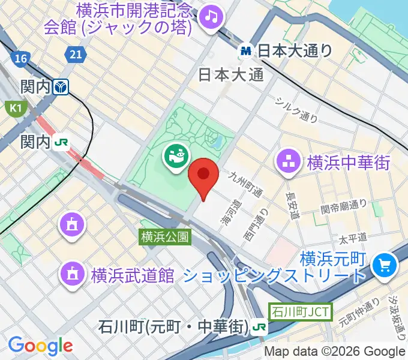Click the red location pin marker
coord(203,175)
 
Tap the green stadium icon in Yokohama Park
coord(175,159)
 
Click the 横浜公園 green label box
coord(165,237)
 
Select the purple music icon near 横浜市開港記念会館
coord(211,16)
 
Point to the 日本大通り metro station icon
coord(246,51)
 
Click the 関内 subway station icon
coord(61,88)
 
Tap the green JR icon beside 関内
coord(61,142)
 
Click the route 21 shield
coord(75,55)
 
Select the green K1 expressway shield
coord(13,108)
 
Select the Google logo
coord(40,345)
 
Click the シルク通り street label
coord(296,110)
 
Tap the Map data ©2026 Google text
coord(335,352)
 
